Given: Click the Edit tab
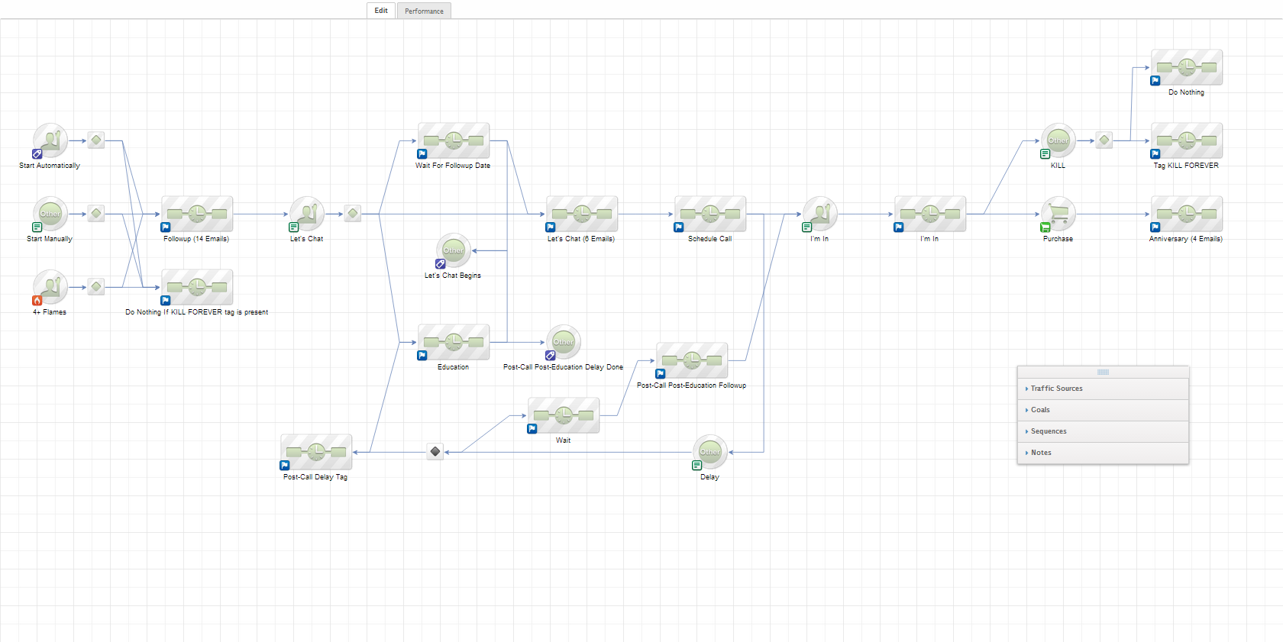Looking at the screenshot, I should click(380, 11).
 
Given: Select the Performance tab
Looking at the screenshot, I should click(424, 11).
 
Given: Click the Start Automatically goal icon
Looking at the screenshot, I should click(50, 140).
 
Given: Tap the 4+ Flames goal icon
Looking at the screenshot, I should click(50, 287).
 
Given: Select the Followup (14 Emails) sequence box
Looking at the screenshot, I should click(197, 214).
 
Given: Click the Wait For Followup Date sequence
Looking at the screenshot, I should click(454, 140).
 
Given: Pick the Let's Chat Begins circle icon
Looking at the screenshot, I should click(454, 250).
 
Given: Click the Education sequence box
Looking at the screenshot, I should click(454, 342).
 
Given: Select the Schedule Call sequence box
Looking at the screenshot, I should click(710, 214).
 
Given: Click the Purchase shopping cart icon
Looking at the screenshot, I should click(1058, 214).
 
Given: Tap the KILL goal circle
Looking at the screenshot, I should click(1058, 140).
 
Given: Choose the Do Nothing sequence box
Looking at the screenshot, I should click(1187, 67).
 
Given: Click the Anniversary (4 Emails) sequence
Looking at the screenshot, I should click(1187, 214).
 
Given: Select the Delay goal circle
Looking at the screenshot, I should click(710, 452).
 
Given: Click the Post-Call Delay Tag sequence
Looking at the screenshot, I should click(316, 452).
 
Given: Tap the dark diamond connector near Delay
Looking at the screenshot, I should click(435, 452).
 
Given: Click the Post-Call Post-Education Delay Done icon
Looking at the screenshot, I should click(564, 342).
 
